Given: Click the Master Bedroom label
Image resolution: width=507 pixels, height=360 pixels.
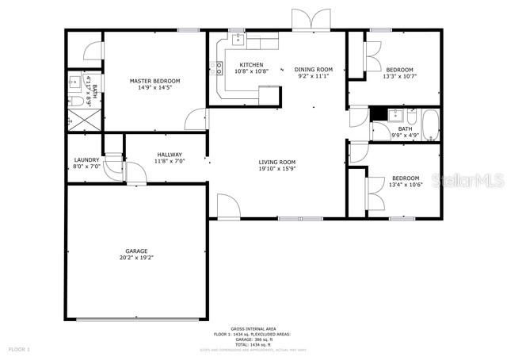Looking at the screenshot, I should pyautogui.click(x=155, y=81).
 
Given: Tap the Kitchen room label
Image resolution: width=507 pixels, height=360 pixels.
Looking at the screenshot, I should pyautogui.click(x=252, y=65).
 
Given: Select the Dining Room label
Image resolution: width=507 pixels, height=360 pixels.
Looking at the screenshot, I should pyautogui.click(x=314, y=70).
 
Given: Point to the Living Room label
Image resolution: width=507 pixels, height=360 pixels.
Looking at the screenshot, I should pyautogui.click(x=276, y=162).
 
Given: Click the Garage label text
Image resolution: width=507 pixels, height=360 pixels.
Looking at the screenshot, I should pyautogui.click(x=136, y=251).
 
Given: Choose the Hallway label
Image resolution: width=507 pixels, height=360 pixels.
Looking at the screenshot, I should pyautogui.click(x=170, y=155).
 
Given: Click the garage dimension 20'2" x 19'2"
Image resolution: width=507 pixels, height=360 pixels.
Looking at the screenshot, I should pyautogui.click(x=136, y=258).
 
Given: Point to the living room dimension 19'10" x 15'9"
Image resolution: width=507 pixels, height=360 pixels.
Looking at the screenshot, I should pyautogui.click(x=276, y=169).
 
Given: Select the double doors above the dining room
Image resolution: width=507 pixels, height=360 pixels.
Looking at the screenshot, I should pyautogui.click(x=310, y=20).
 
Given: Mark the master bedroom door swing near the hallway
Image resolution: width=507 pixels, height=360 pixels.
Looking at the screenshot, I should pyautogui.click(x=194, y=120).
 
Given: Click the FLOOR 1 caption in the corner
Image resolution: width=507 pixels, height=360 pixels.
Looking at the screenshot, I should pyautogui.click(x=18, y=349).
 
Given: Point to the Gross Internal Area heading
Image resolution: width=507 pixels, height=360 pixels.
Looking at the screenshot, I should pyautogui.click(x=253, y=328).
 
